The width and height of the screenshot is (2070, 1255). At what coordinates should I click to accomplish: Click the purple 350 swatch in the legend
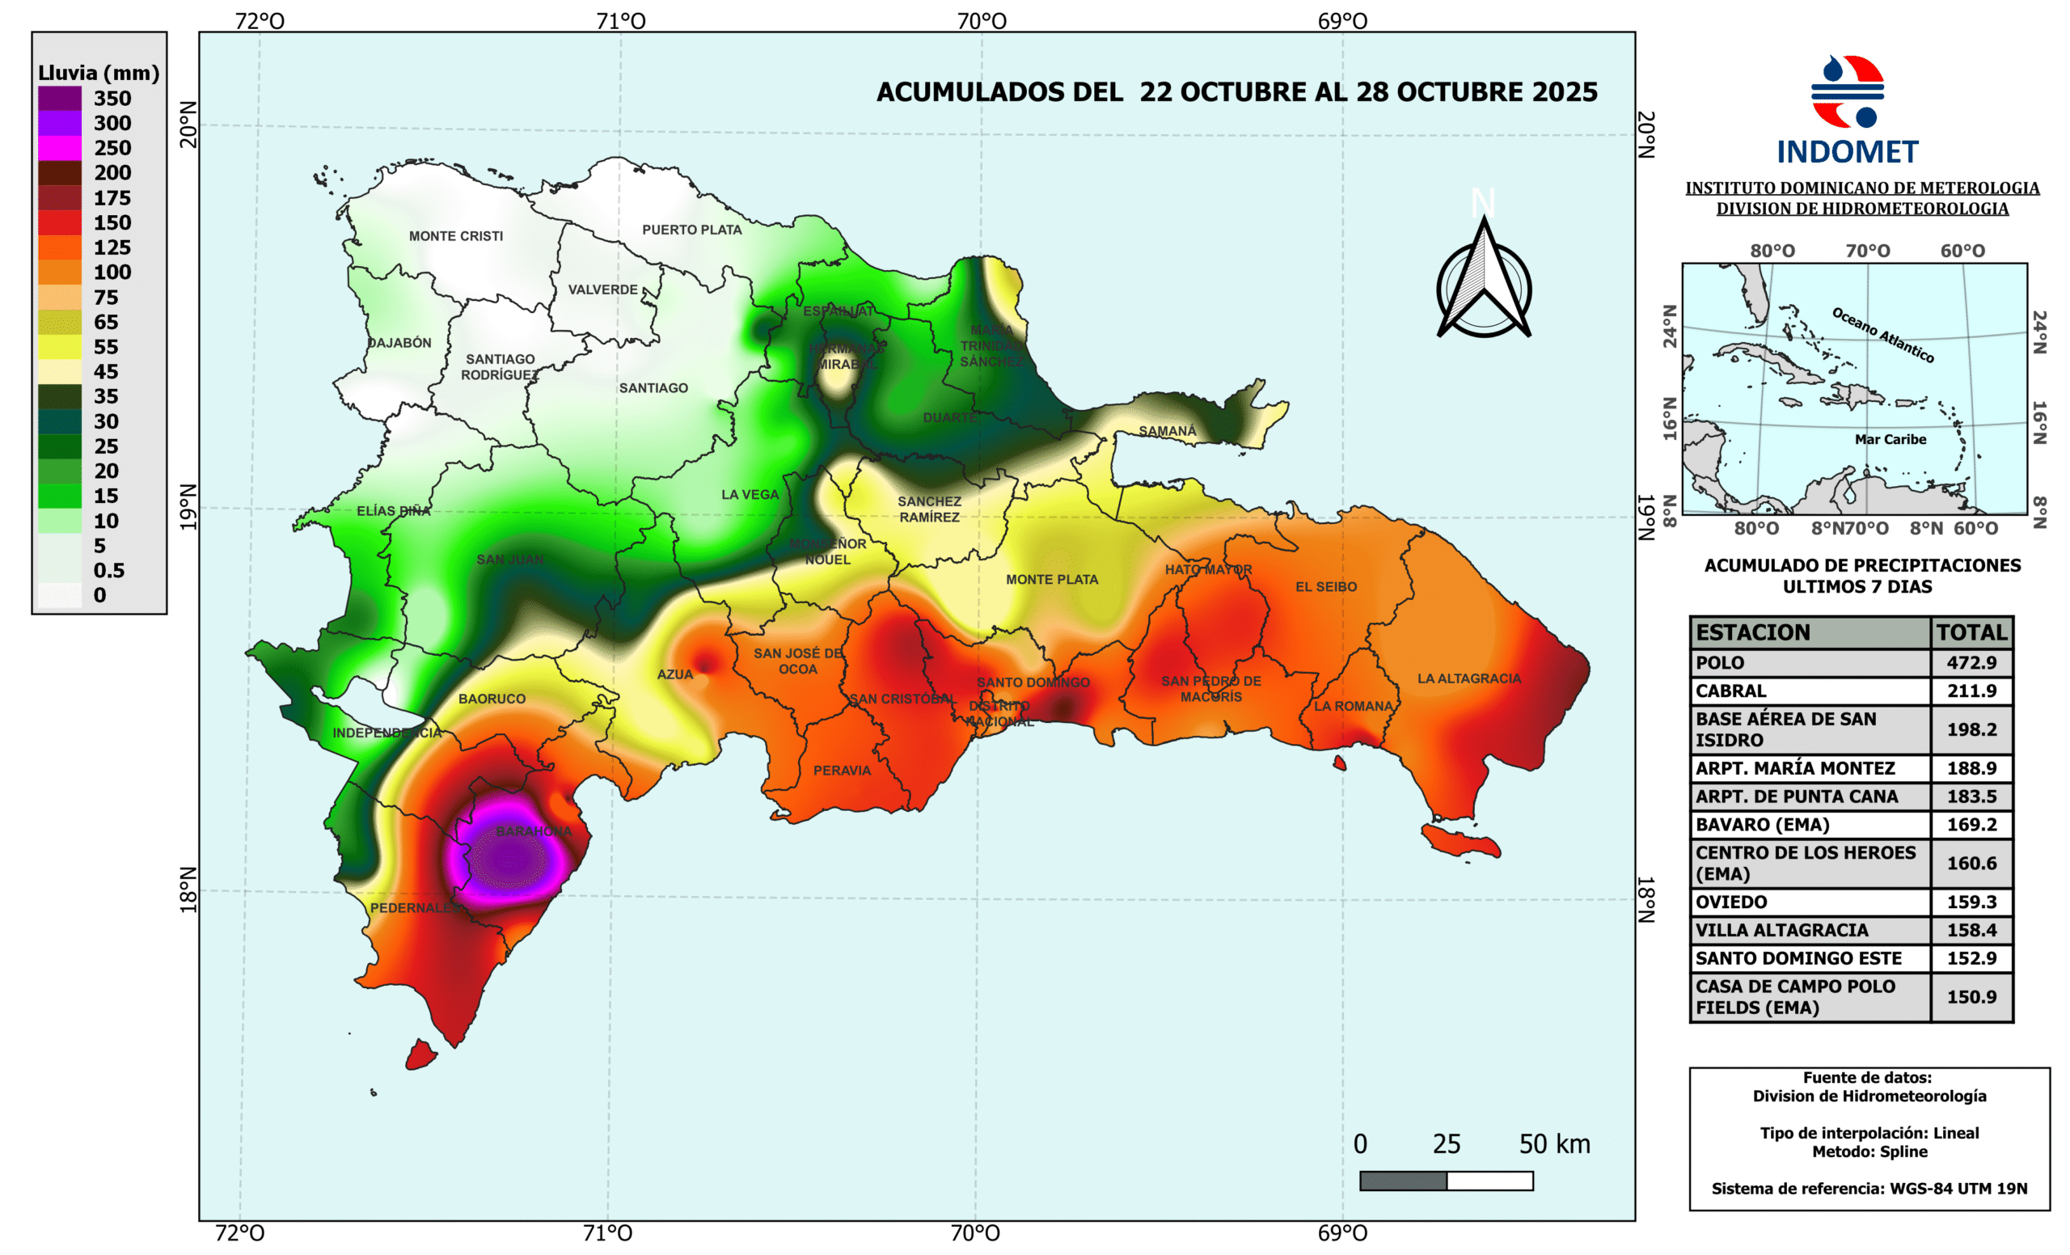point(60,99)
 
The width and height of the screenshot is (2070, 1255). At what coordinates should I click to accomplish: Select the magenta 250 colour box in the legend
point(60,148)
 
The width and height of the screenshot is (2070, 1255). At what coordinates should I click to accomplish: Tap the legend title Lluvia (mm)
point(99,73)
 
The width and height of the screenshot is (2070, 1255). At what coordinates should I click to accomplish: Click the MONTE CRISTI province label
point(455,236)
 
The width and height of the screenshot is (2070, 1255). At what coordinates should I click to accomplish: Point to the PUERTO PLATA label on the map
point(691,230)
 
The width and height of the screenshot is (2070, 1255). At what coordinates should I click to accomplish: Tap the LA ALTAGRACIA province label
point(1468,678)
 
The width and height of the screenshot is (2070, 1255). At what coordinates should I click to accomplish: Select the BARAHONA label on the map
point(533,830)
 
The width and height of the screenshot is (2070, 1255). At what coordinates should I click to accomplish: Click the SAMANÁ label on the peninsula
point(1167,431)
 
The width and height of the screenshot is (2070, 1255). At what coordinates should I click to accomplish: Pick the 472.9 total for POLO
point(1971,662)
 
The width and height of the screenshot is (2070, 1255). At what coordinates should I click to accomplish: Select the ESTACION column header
point(1752,632)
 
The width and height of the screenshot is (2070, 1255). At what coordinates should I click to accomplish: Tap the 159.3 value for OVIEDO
point(1971,902)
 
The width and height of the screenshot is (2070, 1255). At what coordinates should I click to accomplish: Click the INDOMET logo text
point(1847,152)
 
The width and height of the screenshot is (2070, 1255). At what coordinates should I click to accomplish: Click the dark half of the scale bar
point(1403,1181)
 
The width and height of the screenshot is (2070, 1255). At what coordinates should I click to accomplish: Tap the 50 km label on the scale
point(1554,1143)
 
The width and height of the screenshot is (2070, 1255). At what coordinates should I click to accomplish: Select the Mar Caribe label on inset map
point(1890,439)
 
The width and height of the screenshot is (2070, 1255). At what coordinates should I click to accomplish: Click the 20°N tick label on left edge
point(189,125)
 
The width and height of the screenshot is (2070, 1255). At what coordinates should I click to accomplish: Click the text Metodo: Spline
point(1869,1151)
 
